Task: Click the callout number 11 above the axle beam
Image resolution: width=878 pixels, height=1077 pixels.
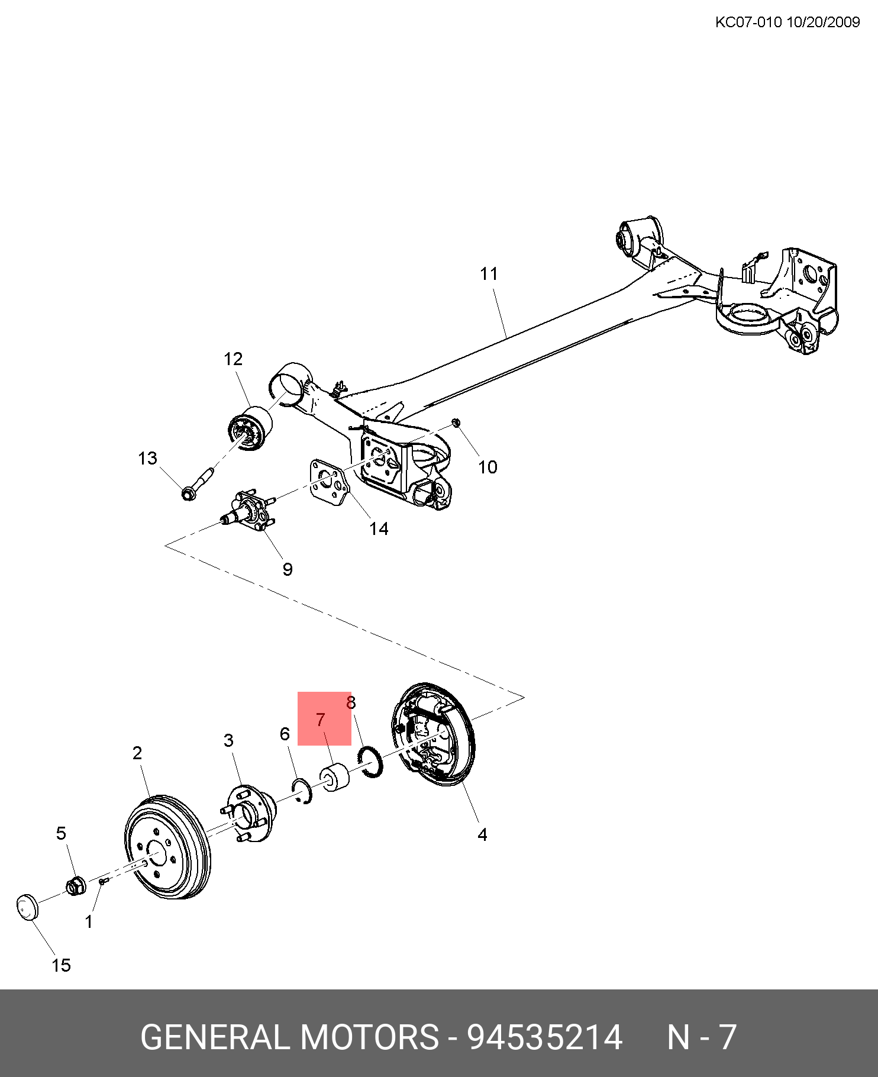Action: click(489, 274)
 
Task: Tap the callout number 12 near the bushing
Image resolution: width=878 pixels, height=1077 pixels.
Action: click(233, 359)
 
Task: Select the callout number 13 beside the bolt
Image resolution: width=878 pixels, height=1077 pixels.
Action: click(147, 458)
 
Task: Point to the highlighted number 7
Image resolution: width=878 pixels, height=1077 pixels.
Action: click(321, 720)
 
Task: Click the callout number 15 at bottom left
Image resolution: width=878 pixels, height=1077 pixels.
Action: click(61, 965)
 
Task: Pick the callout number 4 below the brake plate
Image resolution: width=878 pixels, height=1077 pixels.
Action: click(482, 834)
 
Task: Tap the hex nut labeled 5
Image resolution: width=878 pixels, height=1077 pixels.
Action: click(75, 886)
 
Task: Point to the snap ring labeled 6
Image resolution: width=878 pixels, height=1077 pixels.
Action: click(302, 792)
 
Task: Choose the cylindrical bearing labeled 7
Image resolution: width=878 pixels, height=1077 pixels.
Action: click(334, 778)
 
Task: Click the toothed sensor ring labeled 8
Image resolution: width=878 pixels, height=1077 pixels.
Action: click(371, 762)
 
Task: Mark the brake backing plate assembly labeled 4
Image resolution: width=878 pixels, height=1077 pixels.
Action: click(432, 734)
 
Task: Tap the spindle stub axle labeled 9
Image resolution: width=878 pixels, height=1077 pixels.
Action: click(248, 510)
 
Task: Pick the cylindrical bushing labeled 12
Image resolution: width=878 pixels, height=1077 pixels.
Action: click(250, 428)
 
